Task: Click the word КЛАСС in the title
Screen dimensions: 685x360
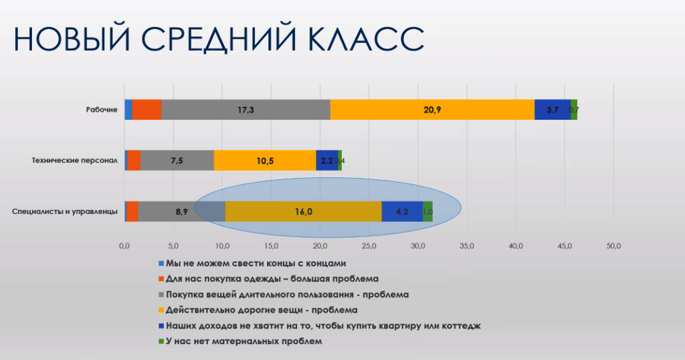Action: coord(366,39)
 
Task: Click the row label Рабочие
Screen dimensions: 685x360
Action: coord(102,110)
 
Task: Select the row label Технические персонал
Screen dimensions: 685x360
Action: coord(75,161)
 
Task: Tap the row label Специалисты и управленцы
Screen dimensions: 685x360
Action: coord(65,211)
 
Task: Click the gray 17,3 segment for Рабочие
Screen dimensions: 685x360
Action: coord(246,110)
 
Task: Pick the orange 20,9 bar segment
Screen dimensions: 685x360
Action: coord(432,110)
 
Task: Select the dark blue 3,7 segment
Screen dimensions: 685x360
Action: coord(552,110)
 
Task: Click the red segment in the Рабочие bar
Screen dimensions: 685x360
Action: coord(146,110)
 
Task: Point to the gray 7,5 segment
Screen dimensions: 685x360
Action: coord(177,161)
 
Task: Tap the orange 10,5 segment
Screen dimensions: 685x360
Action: coord(265,161)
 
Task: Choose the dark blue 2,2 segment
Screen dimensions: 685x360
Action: coord(326,161)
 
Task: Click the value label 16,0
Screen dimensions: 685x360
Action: coord(303,212)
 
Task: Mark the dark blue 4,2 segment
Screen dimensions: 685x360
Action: coord(402,211)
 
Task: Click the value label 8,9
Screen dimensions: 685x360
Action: coord(182,212)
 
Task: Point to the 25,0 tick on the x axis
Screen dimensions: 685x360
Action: coord(369,246)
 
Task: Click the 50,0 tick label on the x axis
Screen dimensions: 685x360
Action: coord(614,246)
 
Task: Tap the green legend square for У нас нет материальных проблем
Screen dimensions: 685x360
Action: coord(161,341)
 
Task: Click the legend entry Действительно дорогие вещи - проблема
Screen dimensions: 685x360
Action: coord(258,310)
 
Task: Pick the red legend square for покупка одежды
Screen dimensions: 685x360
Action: coord(161,279)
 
